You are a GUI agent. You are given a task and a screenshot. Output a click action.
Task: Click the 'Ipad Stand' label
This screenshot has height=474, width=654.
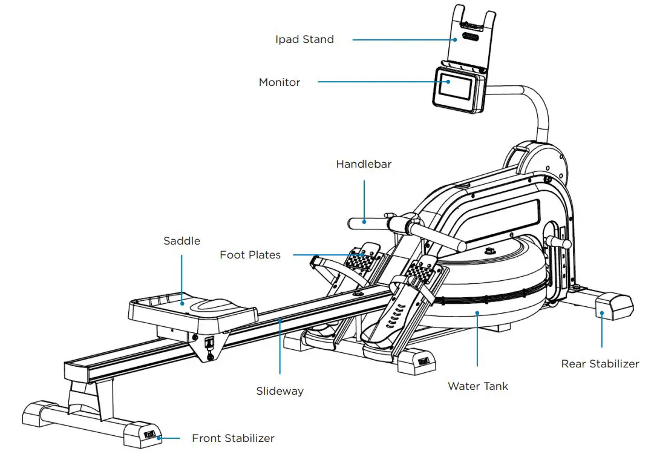(304, 40)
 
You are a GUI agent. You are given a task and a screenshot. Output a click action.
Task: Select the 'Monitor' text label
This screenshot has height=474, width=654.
(280, 82)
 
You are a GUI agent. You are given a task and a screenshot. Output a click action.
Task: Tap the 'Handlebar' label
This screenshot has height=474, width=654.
(364, 164)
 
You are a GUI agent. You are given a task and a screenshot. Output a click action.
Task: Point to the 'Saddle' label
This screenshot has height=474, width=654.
(181, 241)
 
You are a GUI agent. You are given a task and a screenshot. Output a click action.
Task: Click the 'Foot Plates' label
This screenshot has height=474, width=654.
(250, 255)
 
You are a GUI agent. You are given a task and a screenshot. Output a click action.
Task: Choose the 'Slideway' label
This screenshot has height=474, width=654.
(280, 391)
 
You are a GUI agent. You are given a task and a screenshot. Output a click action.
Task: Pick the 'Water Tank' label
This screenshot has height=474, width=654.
(477, 386)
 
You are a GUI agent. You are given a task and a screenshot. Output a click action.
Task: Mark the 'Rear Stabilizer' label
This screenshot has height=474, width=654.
(600, 364)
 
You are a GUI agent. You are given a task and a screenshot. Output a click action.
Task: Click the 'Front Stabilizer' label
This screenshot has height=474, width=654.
(233, 438)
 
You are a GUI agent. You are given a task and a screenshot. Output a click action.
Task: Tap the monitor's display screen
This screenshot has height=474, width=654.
(454, 89)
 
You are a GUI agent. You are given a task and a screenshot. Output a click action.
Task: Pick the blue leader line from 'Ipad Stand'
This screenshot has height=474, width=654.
(405, 40)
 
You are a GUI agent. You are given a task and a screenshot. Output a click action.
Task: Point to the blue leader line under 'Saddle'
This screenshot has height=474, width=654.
(181, 272)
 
